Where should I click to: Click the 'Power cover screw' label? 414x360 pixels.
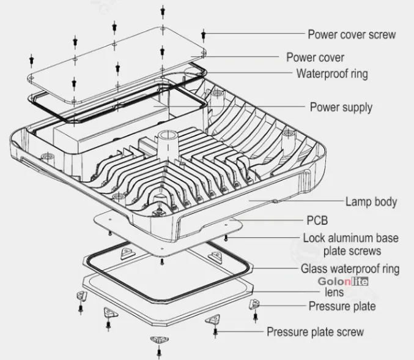pos(351,34)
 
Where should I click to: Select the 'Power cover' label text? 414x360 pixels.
pos(315,58)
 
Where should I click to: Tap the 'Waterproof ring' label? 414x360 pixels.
pos(332,75)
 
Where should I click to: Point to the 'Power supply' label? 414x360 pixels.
pos(341,108)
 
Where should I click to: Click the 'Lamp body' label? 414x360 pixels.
pos(371,201)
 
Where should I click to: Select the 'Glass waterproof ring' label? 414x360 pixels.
pos(350,269)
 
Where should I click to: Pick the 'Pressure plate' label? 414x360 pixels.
pos(342,306)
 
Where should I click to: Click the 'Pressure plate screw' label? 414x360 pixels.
pos(315,332)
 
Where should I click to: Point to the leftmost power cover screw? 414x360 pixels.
pos(30,60)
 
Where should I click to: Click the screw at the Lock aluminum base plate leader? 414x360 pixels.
pos(227,238)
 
